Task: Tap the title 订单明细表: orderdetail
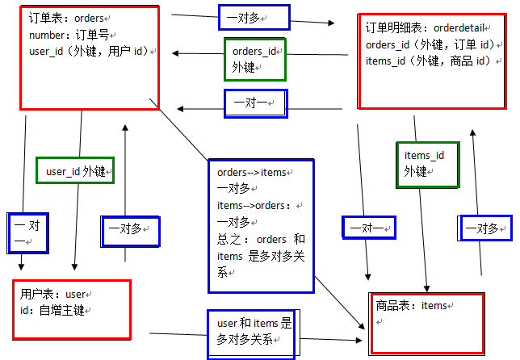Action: [426, 28]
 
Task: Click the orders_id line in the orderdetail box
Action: [429, 44]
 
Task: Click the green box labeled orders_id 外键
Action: [255, 59]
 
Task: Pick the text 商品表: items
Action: [411, 306]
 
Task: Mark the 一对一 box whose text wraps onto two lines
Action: [24, 232]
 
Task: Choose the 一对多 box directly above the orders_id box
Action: [254, 16]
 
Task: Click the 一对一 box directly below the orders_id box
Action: [255, 103]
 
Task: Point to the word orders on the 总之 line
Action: [270, 239]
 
